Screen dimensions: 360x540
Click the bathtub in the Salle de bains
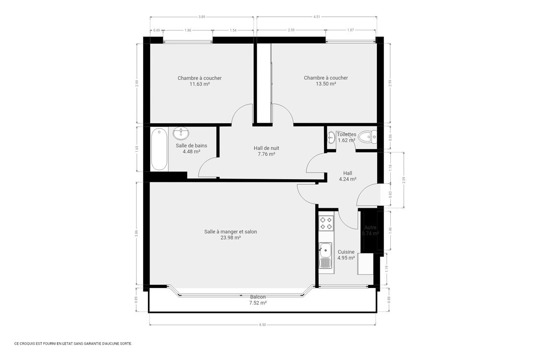point(159,149)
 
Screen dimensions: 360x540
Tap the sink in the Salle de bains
point(181,132)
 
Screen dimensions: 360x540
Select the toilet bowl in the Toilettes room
point(366,137)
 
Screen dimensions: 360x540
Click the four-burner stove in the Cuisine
point(326,223)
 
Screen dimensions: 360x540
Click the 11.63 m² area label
point(199,84)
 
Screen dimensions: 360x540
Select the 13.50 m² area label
point(325,84)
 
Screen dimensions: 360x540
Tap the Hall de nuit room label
point(266,148)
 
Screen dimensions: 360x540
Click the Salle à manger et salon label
point(230,231)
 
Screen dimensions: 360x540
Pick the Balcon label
point(257,297)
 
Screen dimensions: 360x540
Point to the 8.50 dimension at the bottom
point(262,325)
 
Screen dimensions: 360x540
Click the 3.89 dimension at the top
point(202,17)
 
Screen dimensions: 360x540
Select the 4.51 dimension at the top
point(316,17)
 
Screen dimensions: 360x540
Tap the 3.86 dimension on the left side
point(136,233)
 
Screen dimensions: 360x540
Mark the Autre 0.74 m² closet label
point(370,230)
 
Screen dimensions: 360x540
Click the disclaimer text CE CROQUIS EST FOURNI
point(73,344)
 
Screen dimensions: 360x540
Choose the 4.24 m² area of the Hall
point(348,179)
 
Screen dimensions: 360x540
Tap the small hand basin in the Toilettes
point(330,138)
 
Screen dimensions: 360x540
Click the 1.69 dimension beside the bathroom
point(137,149)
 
